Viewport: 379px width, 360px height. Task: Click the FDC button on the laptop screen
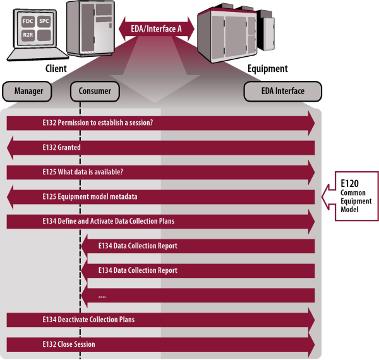(28, 20)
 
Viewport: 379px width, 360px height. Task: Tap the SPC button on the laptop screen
(44, 20)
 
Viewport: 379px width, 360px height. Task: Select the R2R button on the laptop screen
(28, 35)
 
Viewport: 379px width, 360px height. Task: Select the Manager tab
(28, 91)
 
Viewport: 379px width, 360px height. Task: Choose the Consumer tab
(95, 91)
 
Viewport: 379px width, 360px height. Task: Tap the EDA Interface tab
(283, 91)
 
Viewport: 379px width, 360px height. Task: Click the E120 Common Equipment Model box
(354, 196)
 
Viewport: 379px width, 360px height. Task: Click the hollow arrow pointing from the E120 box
(326, 196)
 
